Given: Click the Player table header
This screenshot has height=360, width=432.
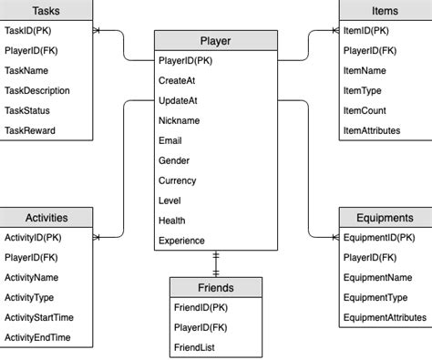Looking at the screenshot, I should click(x=215, y=40).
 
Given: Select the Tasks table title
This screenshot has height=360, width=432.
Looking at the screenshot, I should click(x=46, y=10).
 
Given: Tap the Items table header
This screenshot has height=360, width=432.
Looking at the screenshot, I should click(x=385, y=10).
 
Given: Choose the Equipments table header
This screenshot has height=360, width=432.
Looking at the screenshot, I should click(x=385, y=218).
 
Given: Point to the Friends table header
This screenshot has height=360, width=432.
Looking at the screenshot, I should click(x=215, y=287).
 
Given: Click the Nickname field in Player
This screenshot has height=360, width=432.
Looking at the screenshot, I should click(x=179, y=120).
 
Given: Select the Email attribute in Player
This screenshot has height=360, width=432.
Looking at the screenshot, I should click(x=170, y=140).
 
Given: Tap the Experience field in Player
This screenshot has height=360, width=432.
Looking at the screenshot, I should click(x=181, y=241).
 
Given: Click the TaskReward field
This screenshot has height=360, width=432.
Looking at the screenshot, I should click(x=30, y=130).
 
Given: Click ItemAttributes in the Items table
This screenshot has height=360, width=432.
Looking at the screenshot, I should click(x=372, y=130).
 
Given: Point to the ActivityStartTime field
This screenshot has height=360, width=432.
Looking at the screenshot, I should click(x=39, y=317).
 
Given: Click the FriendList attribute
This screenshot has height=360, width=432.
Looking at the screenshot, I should click(x=196, y=348).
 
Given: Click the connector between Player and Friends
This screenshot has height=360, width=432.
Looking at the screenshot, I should click(x=216, y=264).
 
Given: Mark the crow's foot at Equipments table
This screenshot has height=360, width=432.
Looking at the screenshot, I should click(x=334, y=237).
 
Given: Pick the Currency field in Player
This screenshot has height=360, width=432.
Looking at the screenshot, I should click(x=177, y=180).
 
